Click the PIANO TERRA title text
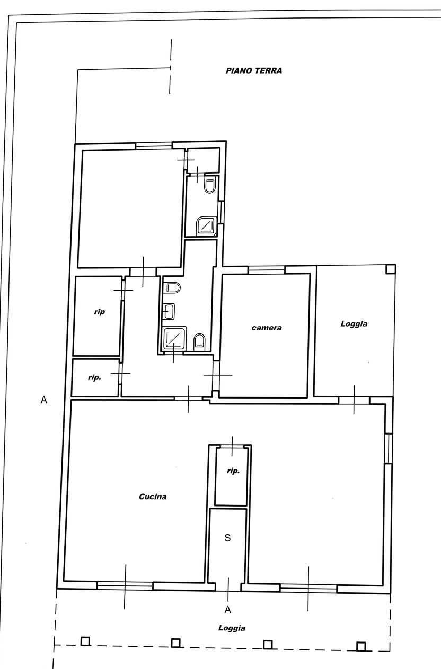(254, 71)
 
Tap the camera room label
(267, 328)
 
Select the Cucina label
(153, 496)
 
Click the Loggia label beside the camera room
(354, 324)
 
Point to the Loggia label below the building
(232, 628)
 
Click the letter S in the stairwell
(227, 538)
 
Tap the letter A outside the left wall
(43, 400)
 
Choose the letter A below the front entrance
(228, 610)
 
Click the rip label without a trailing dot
(99, 312)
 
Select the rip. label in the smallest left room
(94, 377)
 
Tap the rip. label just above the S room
(233, 471)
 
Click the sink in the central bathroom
(169, 312)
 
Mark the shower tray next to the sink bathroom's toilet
(175, 338)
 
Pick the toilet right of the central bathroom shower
(199, 342)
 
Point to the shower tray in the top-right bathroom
(206, 226)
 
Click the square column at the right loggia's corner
(391, 269)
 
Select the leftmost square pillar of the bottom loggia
(85, 641)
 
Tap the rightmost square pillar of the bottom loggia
(361, 647)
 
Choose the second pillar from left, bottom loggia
(175, 643)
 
